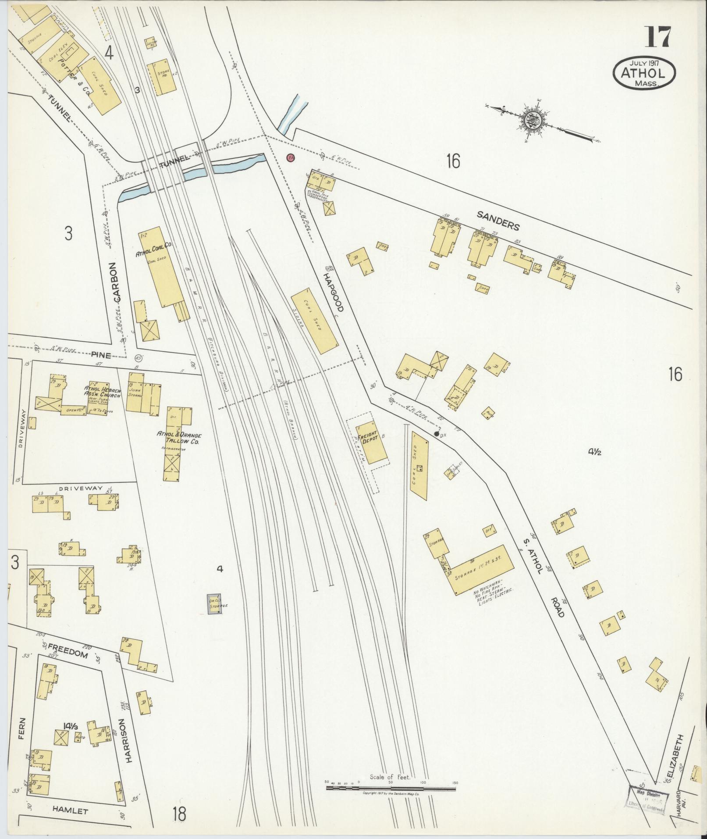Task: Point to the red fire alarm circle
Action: (290, 157)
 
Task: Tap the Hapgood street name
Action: (334, 292)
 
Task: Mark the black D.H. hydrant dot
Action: (436, 434)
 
